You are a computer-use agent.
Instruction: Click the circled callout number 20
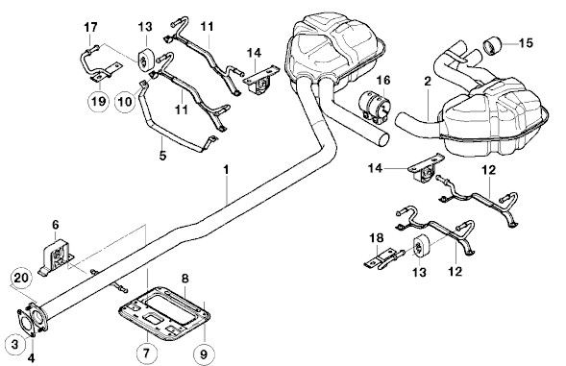pyautogui.click(x=21, y=278)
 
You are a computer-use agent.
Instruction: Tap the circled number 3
pyautogui.click(x=14, y=344)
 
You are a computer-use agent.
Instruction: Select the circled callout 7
pyautogui.click(x=147, y=353)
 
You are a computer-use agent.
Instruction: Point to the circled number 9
pyautogui.click(x=204, y=354)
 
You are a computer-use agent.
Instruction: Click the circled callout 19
pyautogui.click(x=98, y=101)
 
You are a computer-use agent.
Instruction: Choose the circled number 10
pyautogui.click(x=126, y=102)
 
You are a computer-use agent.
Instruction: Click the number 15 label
pyautogui.click(x=526, y=43)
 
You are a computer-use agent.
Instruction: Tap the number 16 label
pyautogui.click(x=383, y=80)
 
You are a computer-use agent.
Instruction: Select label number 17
pyautogui.click(x=90, y=27)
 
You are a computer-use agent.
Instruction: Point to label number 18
pyautogui.click(x=376, y=238)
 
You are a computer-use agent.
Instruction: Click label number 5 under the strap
pyautogui.click(x=162, y=156)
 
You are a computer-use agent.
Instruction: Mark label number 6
pyautogui.click(x=55, y=225)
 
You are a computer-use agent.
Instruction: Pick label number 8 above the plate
pyautogui.click(x=185, y=279)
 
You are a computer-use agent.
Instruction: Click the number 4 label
pyautogui.click(x=32, y=358)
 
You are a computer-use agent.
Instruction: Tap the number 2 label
pyautogui.click(x=428, y=82)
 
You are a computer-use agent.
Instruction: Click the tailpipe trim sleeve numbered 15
pyautogui.click(x=491, y=45)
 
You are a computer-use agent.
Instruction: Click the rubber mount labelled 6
pyautogui.click(x=55, y=257)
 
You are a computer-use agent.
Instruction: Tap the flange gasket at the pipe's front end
pyautogui.click(x=26, y=322)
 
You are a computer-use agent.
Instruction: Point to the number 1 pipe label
pyautogui.click(x=227, y=170)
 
